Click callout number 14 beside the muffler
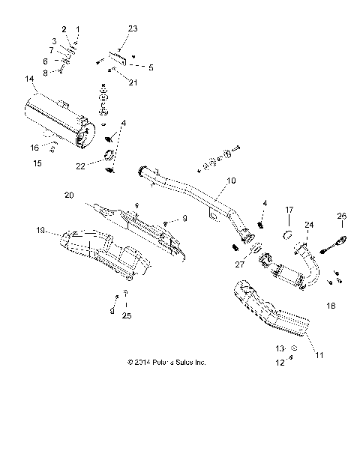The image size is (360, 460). [29, 78]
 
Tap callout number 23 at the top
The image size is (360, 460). [133, 28]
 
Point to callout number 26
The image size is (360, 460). [341, 217]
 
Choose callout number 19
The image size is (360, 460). [42, 231]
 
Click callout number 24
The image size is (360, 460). [308, 224]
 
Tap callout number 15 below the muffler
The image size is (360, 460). [34, 162]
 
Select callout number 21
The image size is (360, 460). [133, 82]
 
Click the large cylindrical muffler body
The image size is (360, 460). [56, 117]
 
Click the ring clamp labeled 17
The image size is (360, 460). [286, 235]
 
